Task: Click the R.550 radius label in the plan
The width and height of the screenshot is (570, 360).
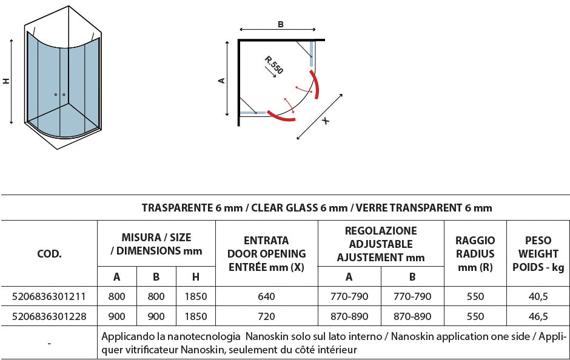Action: point(274,65)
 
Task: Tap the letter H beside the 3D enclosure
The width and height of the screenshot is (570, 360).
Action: point(7,81)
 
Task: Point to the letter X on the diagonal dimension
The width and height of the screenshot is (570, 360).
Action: point(326,121)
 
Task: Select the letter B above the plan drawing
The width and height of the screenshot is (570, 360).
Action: point(280,24)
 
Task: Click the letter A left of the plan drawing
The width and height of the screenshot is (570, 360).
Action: point(222,81)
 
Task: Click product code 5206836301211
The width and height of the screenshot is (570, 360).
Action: point(49,296)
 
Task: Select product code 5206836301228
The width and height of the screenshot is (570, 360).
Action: point(49,316)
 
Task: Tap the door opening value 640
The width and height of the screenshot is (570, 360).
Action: point(266,296)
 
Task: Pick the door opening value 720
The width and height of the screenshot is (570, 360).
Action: point(266,316)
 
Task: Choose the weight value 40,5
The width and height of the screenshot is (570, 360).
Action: point(538,296)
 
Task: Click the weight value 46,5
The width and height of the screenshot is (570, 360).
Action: point(538,316)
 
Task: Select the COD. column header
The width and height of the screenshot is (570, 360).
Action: point(49,253)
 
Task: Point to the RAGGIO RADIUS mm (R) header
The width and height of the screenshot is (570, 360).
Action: point(475,253)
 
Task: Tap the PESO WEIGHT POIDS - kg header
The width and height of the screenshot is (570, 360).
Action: point(538,253)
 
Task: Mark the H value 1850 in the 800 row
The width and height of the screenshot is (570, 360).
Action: point(195,296)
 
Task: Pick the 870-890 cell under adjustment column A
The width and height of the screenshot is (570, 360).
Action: point(349,316)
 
